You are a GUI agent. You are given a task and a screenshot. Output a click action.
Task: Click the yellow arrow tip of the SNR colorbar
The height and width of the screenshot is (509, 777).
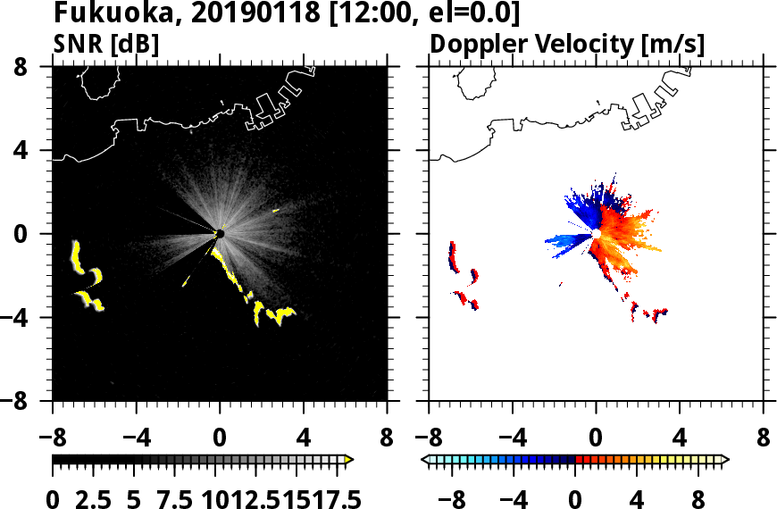click(349, 460)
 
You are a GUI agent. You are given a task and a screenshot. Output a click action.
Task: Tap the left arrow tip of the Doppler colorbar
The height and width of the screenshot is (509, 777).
click(425, 460)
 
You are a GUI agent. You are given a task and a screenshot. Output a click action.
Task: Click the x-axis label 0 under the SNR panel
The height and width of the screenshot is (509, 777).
click(220, 440)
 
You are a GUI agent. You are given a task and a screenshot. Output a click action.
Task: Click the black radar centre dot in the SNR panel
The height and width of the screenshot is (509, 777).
click(220, 234)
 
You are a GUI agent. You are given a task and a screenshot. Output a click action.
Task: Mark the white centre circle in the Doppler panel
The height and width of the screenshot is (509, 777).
click(595, 234)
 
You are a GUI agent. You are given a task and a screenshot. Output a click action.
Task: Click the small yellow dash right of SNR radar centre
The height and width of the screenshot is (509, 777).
click(276, 210)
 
